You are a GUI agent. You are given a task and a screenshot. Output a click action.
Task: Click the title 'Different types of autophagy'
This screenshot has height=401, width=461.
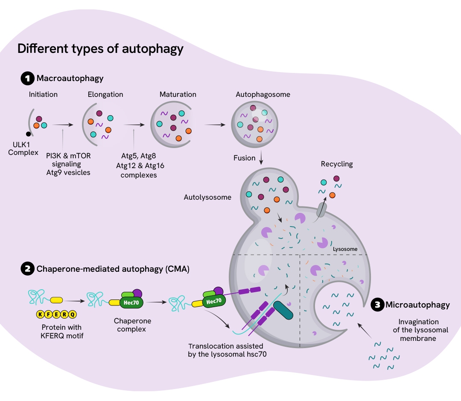(100, 49)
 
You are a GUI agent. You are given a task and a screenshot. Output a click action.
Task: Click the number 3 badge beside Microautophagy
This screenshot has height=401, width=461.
(377, 305)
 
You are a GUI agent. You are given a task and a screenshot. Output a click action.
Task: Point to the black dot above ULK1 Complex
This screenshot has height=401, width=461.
(28, 134)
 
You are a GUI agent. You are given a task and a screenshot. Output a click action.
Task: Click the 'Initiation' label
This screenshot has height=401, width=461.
(43, 94)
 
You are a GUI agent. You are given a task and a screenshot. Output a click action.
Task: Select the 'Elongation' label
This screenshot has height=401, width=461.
(105, 94)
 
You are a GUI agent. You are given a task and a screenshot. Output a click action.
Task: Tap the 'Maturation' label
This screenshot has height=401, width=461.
(178, 94)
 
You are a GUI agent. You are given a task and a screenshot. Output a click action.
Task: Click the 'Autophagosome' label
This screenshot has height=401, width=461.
(263, 94)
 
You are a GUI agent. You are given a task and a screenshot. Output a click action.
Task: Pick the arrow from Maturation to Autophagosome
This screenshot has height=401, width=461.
(216, 125)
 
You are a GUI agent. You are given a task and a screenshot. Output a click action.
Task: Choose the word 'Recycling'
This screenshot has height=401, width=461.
(337, 164)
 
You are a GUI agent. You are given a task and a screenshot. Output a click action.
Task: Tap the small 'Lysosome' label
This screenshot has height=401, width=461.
(345, 249)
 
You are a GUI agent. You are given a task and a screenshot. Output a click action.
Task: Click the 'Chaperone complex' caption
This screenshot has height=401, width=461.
(132, 325)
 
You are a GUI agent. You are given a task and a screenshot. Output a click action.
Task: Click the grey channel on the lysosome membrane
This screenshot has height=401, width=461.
(322, 209)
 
